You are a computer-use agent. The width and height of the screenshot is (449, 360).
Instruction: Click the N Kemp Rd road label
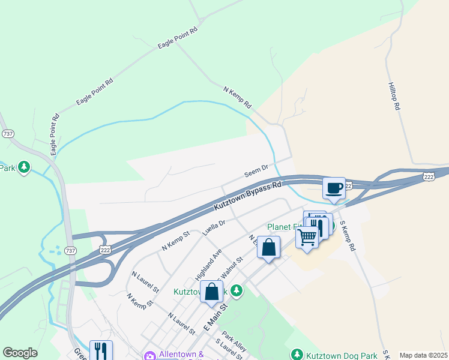[x=237, y=97]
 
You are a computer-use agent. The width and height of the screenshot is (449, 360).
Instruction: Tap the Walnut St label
[x=231, y=268]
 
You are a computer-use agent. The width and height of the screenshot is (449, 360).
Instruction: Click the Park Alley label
[x=234, y=340]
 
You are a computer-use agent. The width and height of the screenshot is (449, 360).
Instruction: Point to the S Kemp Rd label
[x=348, y=236]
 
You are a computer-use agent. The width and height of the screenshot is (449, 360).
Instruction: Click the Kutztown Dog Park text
[x=341, y=355]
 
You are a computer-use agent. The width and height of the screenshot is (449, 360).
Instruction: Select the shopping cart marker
[x=307, y=238]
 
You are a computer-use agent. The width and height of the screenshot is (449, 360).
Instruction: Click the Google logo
[x=20, y=353]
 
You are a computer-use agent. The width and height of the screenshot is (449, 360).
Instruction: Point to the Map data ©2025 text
[x=423, y=355]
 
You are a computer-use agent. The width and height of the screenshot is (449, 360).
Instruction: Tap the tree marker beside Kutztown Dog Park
[x=296, y=355]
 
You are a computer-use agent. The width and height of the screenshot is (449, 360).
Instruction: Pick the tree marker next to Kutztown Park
[x=237, y=291]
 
